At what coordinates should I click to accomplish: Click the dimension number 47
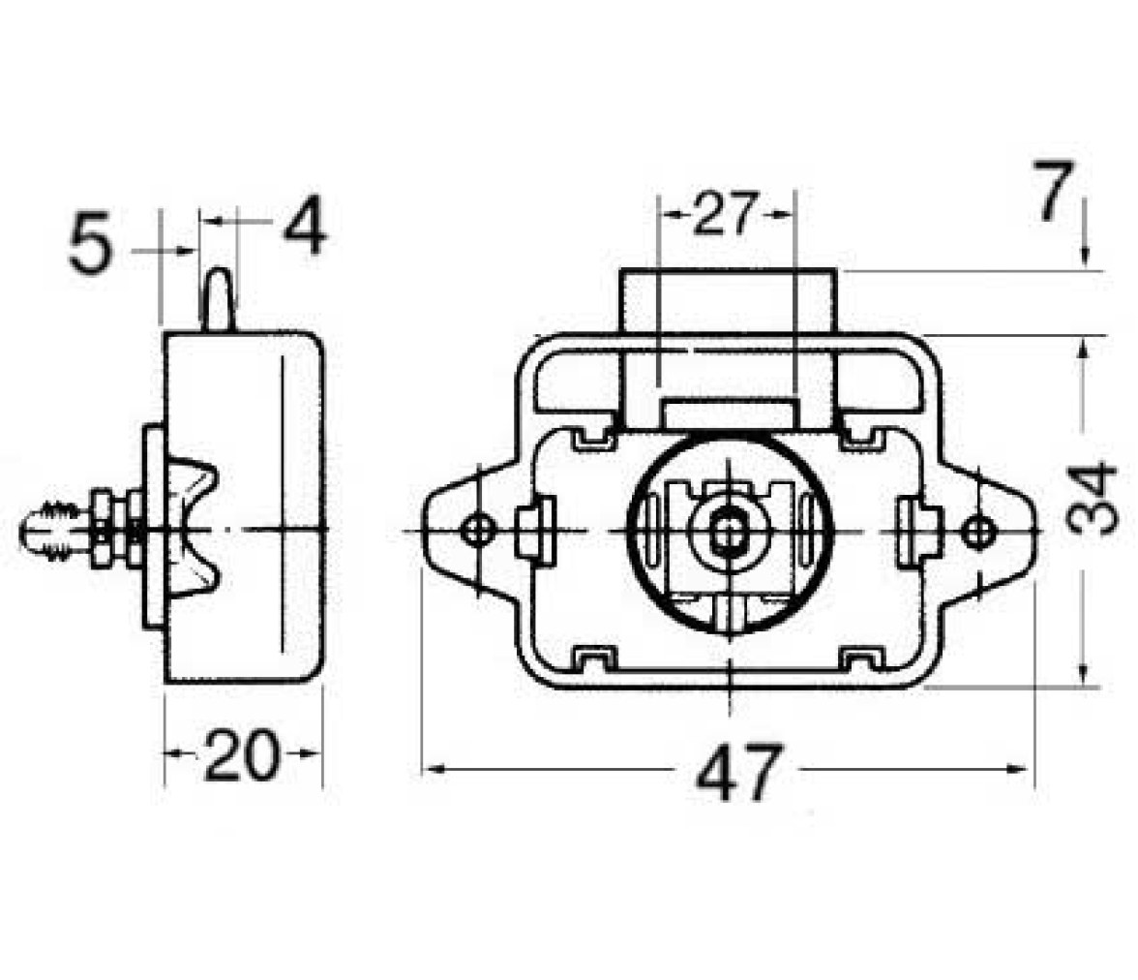pos(739,772)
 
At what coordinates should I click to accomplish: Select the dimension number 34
pos(1092,499)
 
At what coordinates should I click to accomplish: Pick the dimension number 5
pos(91,242)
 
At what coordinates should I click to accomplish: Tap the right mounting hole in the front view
pos(976,532)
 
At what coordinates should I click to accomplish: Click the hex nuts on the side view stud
pos(116,530)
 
